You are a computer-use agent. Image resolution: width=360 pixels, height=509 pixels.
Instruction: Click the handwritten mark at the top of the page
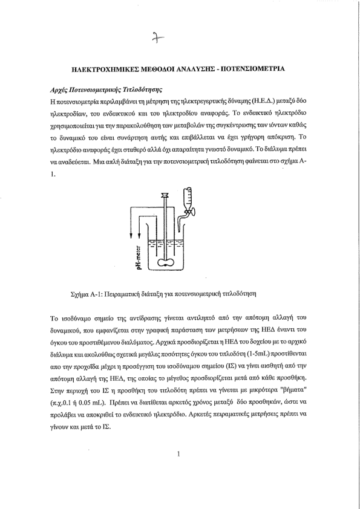[158, 38]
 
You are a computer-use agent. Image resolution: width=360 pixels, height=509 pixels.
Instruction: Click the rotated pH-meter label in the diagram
[139, 258]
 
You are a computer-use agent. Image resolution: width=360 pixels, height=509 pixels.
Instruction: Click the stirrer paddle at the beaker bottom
[166, 263]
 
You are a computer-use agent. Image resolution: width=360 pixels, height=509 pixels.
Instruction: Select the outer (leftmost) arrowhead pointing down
[131, 235]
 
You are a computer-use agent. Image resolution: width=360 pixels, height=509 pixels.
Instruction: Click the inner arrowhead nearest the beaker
[139, 235]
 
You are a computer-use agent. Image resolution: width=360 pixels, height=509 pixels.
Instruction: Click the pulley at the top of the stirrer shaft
[165, 195]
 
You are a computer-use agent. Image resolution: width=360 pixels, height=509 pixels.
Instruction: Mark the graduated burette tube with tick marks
[188, 198]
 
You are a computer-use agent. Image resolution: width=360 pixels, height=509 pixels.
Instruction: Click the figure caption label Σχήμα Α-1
[84, 294]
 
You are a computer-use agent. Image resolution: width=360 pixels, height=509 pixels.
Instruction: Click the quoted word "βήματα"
[293, 390]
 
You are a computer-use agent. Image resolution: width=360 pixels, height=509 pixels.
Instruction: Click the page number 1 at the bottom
[178, 454]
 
